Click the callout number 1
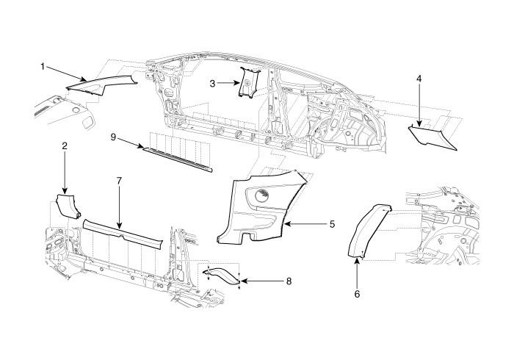pos(43,67)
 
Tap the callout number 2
pos(65,146)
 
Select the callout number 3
pos(212,84)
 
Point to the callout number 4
pos(419,79)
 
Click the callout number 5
pos(332,224)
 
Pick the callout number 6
pos(357,294)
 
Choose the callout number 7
pos(119,181)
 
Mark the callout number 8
pos(289,281)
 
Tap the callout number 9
pos(113,137)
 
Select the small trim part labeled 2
pos(68,205)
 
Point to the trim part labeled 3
pos(248,82)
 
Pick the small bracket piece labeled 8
pos(222,275)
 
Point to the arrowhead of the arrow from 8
pos(245,281)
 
